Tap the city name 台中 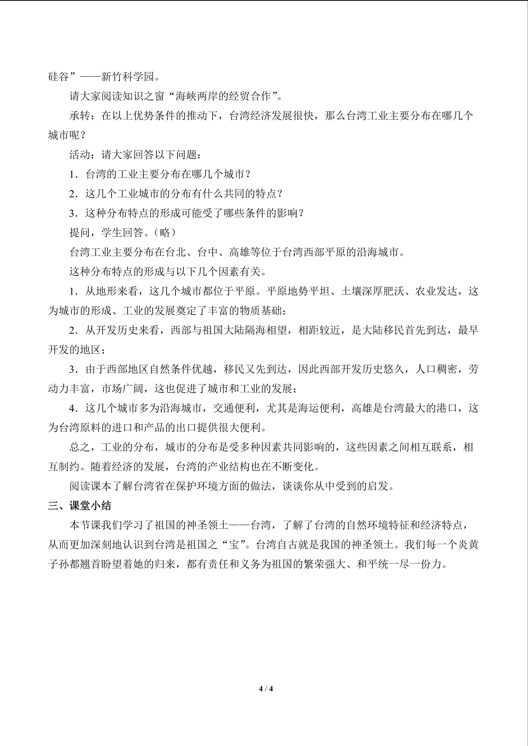208,252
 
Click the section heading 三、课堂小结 80,506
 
